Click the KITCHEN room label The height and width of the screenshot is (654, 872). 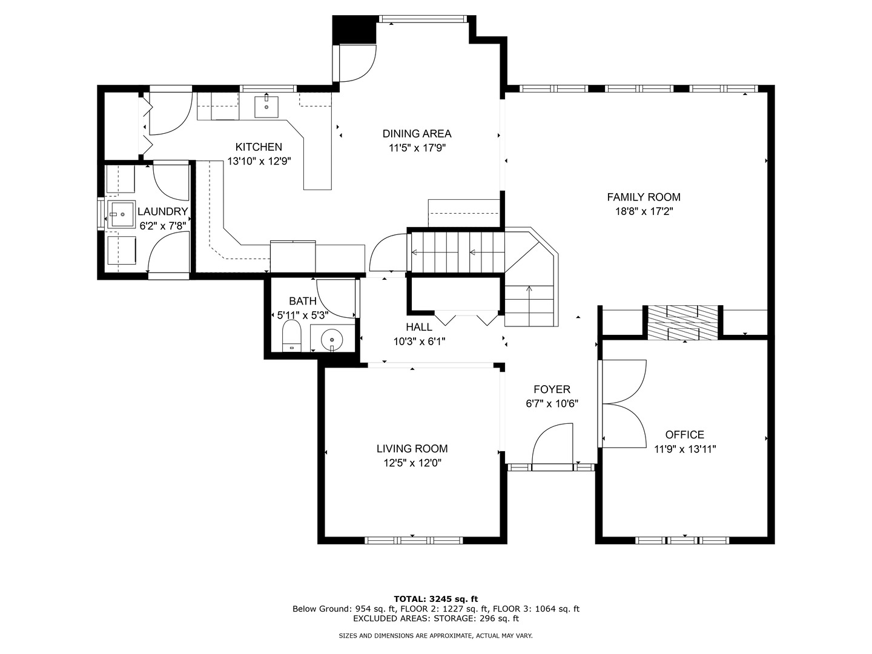259,147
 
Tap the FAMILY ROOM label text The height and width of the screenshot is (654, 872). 644,197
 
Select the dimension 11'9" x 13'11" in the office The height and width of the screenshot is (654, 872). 685,449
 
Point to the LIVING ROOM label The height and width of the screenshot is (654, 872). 412,449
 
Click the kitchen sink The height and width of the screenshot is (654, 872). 266,107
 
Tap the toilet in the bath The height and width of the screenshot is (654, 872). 292,336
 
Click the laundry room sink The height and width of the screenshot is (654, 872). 121,214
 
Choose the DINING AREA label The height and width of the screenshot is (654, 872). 417,134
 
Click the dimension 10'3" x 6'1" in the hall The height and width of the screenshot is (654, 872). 419,342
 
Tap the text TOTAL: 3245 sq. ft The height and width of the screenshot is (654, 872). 436,599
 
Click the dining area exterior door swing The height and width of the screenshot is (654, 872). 357,63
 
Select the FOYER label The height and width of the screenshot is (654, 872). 552,389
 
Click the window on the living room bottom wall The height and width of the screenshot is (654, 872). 413,540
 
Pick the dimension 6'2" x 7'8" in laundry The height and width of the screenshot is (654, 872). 162,226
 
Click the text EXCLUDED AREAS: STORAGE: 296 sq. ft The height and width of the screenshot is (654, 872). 436,618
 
